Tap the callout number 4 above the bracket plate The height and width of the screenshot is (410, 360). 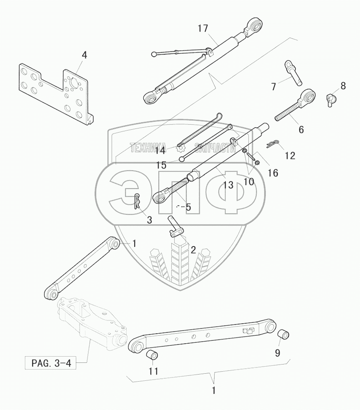84,55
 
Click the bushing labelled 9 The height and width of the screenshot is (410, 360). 283,335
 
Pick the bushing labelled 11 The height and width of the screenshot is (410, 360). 152,355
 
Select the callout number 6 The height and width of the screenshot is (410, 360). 301,129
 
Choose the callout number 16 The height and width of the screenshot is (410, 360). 273,172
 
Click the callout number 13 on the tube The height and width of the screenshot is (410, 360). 227,185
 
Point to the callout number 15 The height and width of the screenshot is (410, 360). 161,165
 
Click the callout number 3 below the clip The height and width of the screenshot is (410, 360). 149,219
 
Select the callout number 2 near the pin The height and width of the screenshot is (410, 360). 193,249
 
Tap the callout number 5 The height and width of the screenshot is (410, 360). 188,207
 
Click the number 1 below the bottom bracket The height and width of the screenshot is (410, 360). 214,391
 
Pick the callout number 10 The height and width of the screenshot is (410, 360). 248,181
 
